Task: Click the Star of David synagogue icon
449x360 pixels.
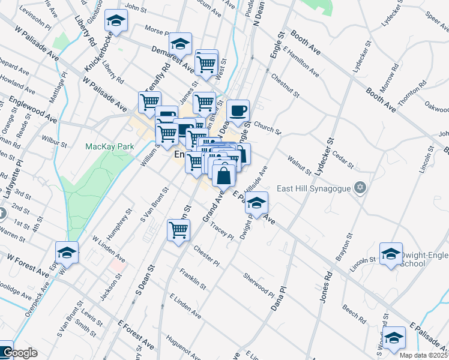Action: pyautogui.click(x=360, y=188)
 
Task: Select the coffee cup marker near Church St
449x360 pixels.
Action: pyautogui.click(x=238, y=110)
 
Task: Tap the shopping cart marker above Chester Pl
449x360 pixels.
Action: pyautogui.click(x=178, y=230)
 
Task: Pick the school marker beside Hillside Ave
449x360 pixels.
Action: pyautogui.click(x=256, y=203)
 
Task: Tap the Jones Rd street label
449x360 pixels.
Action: pyautogui.click(x=327, y=288)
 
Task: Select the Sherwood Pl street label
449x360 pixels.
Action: pyautogui.click(x=259, y=285)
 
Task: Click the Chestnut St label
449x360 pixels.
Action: pyautogui.click(x=285, y=84)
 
